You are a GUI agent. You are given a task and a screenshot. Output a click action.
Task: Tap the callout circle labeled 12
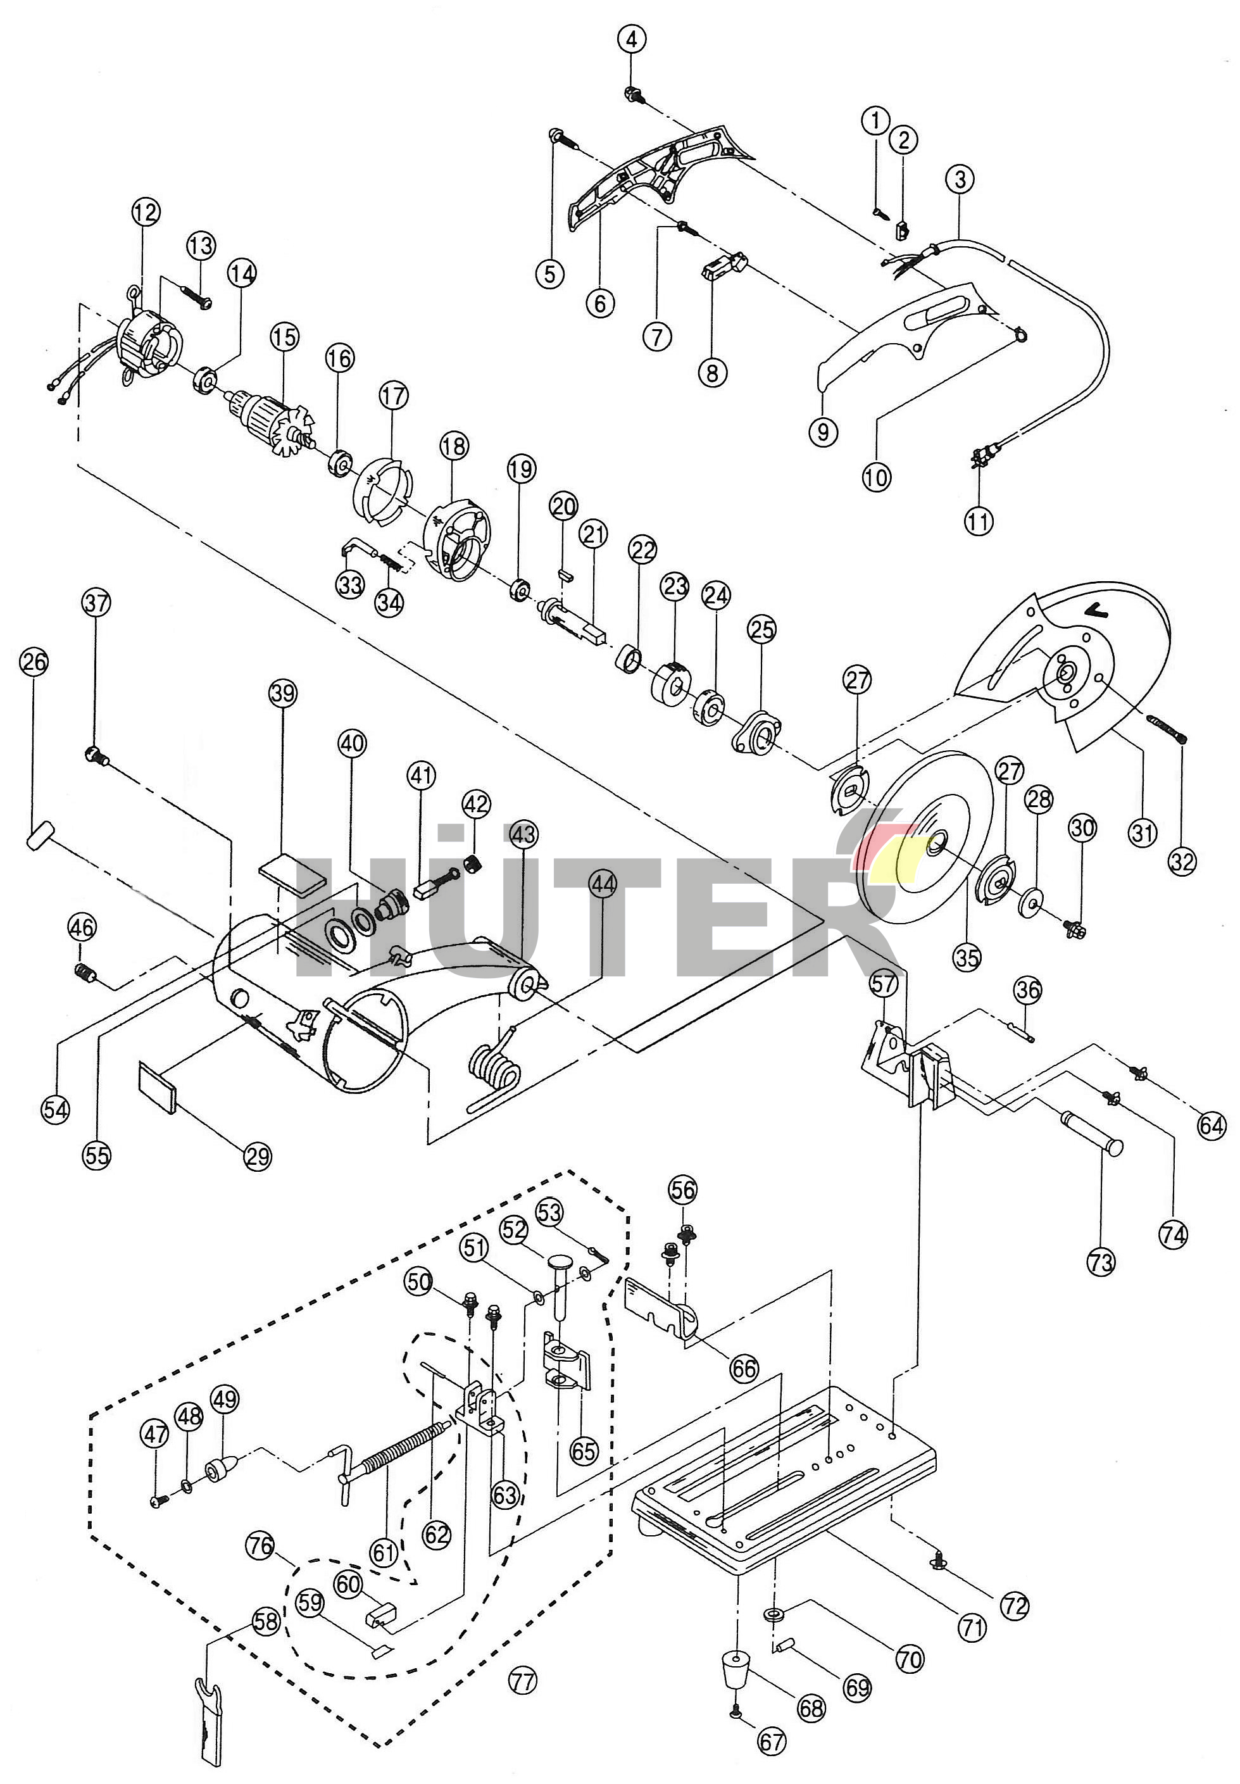(x=146, y=211)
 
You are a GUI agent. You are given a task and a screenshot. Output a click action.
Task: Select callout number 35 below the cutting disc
(x=967, y=957)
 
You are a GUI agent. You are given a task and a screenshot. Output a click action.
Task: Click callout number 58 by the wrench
(x=266, y=1620)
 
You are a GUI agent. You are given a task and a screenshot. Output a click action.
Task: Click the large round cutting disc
(x=929, y=839)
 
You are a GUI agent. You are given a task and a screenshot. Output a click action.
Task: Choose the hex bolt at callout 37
(x=96, y=755)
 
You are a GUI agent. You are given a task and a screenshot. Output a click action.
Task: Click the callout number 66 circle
(x=744, y=1367)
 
